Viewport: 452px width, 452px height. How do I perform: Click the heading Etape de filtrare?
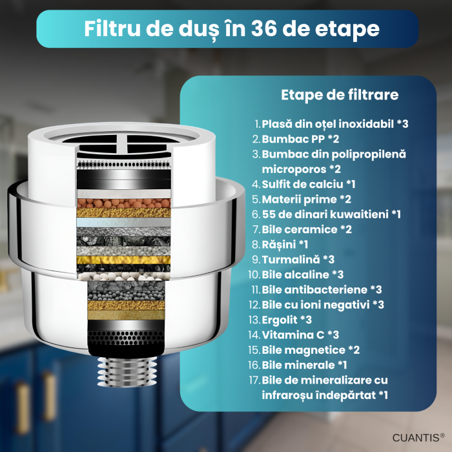click(x=340, y=95)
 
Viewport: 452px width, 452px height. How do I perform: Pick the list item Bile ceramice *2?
click(x=302, y=229)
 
